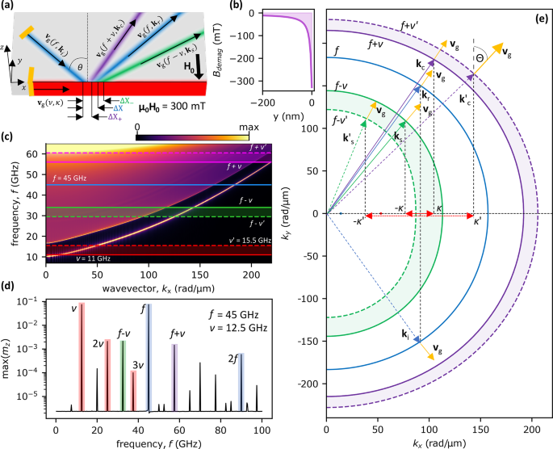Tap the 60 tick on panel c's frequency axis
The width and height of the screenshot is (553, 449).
coord(36,153)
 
